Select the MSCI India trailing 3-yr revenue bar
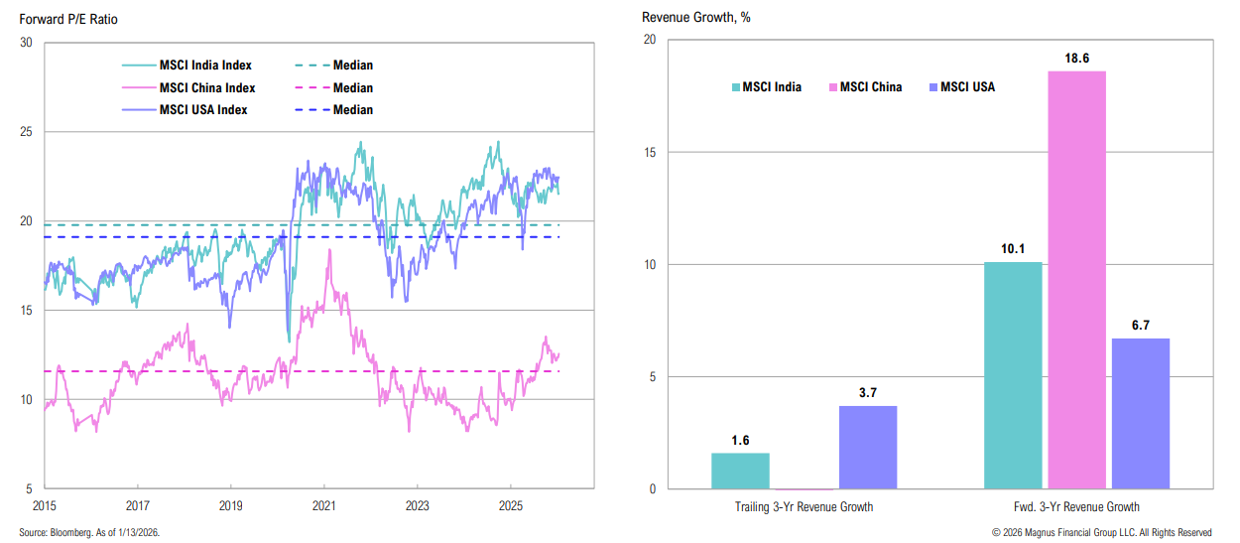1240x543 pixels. [x=740, y=471]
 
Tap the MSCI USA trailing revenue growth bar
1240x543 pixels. [x=867, y=447]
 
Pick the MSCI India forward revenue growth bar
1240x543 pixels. [x=1013, y=375]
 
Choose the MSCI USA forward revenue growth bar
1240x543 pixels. [x=1140, y=413]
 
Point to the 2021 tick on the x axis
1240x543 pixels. [x=323, y=504]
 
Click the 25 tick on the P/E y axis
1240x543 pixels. [x=25, y=132]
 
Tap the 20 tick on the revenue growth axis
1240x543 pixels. [x=650, y=40]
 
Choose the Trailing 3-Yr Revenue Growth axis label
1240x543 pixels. [x=804, y=507]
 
